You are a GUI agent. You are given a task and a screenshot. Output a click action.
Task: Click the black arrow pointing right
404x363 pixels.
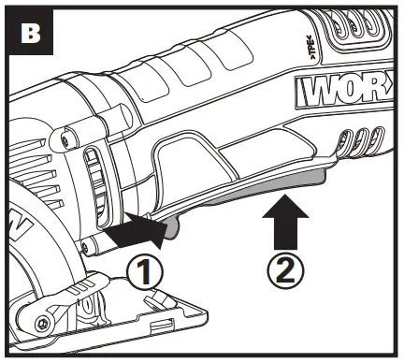(x=131, y=228)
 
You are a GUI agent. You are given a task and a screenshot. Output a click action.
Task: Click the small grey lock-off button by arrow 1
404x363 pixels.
(x=170, y=225)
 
